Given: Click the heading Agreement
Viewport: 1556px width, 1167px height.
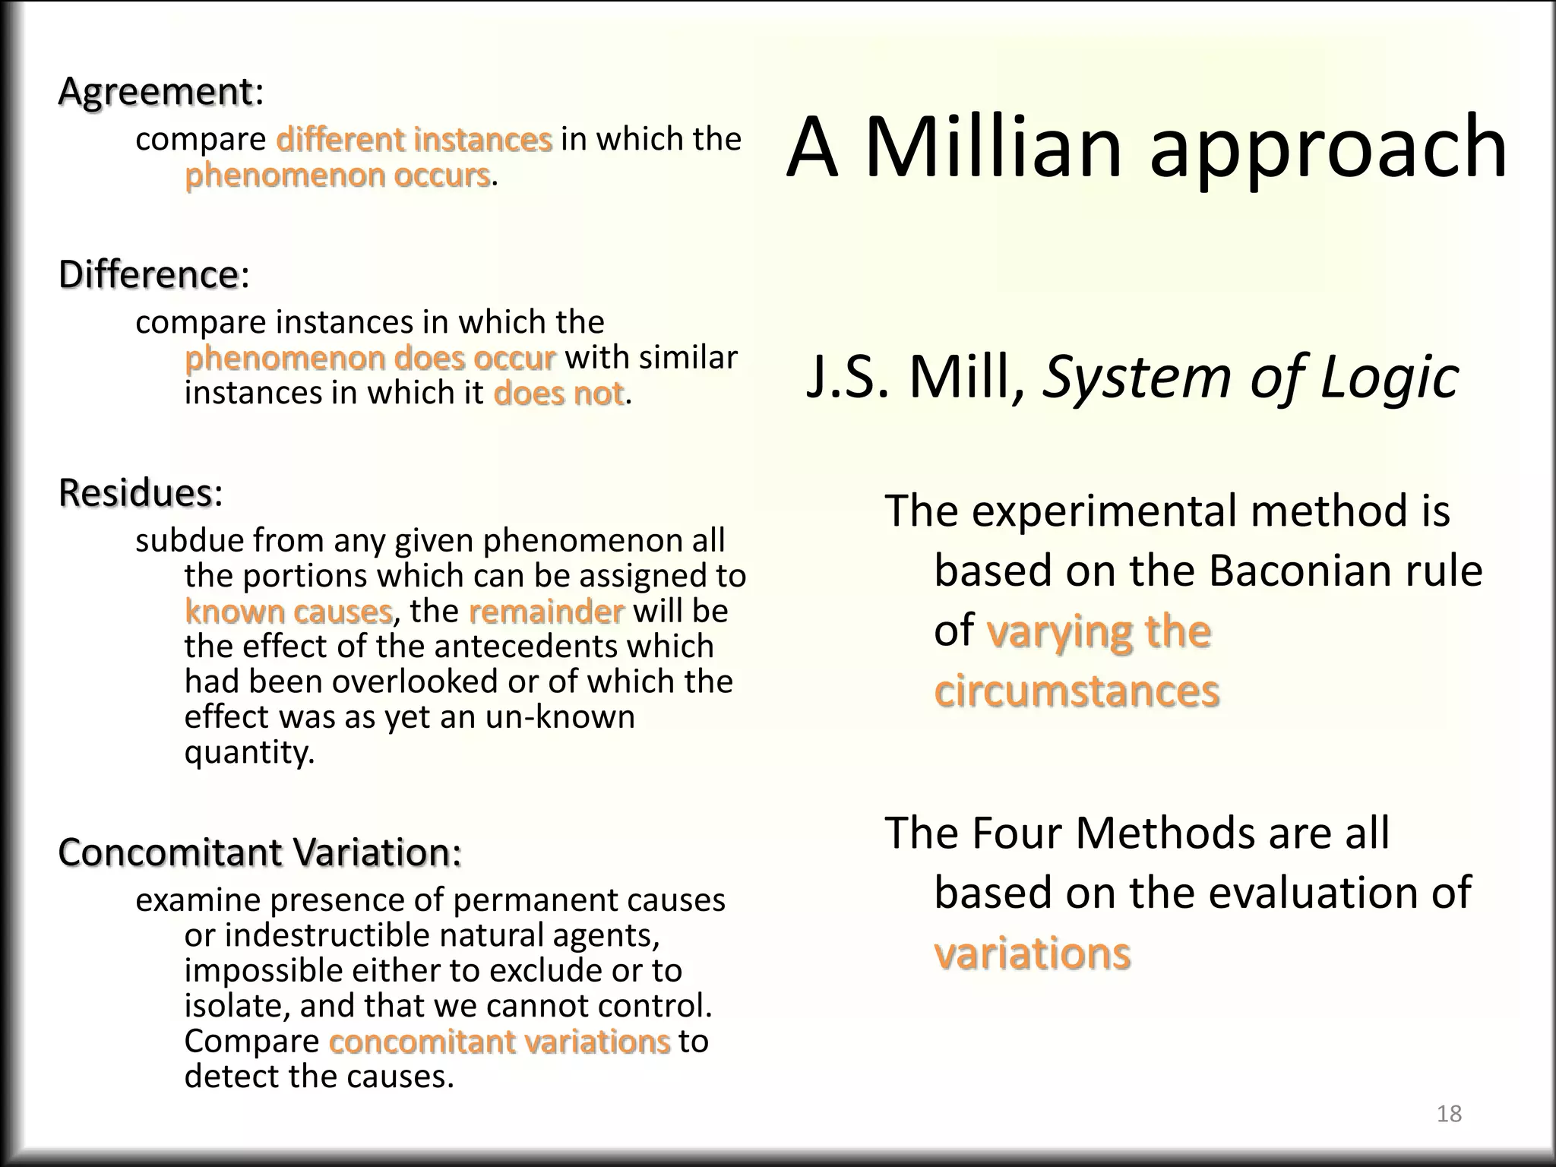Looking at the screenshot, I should [156, 93].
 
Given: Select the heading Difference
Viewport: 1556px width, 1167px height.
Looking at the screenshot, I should [149, 274].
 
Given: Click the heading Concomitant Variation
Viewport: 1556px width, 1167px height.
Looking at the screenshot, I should [259, 852].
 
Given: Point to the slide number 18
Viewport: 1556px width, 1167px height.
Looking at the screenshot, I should [1449, 1113].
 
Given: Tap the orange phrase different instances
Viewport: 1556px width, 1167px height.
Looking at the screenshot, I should [414, 139].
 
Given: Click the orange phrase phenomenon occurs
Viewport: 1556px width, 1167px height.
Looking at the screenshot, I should [337, 175].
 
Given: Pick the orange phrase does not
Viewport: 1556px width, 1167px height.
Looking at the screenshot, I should [558, 394].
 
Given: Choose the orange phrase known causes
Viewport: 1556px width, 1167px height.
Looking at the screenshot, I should [288, 611].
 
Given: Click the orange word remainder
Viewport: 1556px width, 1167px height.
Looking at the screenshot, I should [546, 611].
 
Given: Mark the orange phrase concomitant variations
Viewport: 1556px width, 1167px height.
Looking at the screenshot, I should [499, 1041].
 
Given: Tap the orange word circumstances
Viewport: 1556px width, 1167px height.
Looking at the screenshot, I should [1077, 691].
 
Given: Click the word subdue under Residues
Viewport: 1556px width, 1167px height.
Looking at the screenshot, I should [189, 540].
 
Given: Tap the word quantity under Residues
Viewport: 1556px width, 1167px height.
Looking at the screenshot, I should [248, 751].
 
